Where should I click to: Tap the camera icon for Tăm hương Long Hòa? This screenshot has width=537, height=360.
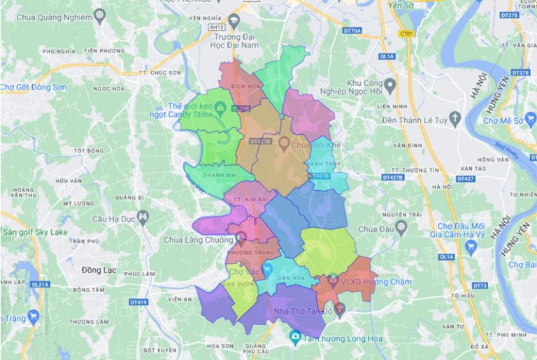click(295, 338)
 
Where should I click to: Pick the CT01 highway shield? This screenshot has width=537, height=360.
click(405, 33)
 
